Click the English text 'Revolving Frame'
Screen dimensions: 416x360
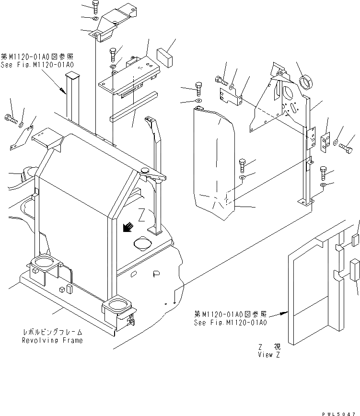(52, 340)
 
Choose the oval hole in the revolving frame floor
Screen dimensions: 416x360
(142, 244)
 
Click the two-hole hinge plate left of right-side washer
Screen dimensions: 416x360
(325, 142)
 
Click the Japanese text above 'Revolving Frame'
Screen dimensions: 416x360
(52, 332)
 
